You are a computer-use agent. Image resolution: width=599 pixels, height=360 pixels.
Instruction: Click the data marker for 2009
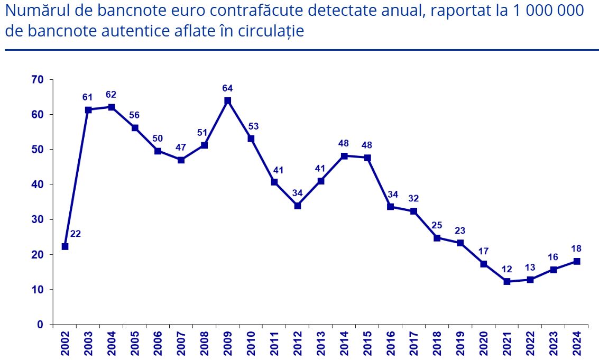point(228,100)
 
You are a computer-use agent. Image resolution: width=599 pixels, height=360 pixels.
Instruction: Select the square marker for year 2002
point(65,246)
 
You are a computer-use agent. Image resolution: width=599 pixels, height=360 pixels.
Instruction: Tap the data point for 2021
point(507,282)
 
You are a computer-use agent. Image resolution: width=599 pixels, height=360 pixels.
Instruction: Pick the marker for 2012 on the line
point(298,206)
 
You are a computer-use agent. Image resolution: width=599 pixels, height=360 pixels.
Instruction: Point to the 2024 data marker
point(577,261)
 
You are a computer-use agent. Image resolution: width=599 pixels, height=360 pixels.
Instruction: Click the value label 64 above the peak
point(228,88)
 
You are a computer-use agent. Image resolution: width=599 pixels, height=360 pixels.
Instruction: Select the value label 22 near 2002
point(76,234)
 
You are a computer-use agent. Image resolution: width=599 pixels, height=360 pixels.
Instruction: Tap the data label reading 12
point(507,269)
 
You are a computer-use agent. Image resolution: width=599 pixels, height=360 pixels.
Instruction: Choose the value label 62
point(111,95)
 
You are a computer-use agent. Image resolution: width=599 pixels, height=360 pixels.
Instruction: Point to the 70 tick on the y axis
point(37,80)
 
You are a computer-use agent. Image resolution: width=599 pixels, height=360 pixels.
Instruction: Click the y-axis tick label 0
point(40,325)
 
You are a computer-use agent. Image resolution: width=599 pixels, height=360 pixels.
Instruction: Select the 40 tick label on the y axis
point(37,184)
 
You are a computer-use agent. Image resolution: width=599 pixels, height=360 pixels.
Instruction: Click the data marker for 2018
point(437,238)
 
